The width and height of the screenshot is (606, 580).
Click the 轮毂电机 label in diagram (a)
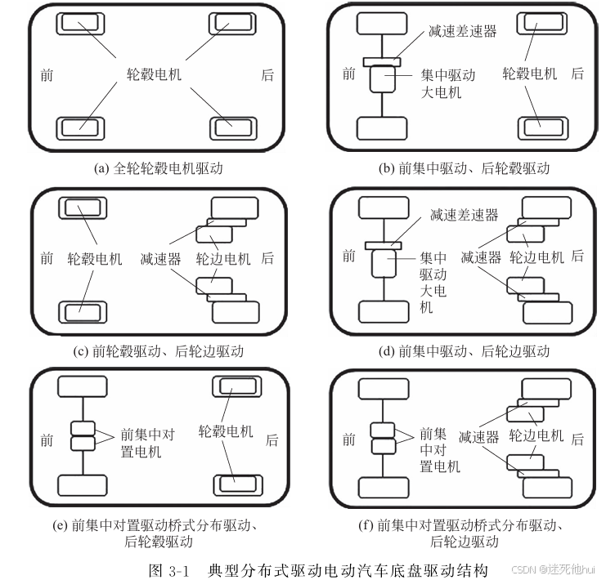click(153, 74)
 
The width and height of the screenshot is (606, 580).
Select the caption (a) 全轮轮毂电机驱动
click(159, 169)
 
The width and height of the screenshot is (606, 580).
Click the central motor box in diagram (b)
click(381, 80)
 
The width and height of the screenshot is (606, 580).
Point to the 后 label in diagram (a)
click(267, 75)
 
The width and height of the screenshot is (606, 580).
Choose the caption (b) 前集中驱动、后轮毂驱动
click(464, 169)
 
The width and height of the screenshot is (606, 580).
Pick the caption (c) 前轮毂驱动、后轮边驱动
click(159, 351)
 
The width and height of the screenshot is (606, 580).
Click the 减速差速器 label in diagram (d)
click(464, 216)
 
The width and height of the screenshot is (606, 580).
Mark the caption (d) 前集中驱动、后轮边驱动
click(464, 351)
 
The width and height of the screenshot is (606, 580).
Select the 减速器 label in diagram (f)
click(479, 438)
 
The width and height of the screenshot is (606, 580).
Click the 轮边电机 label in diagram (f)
click(536, 436)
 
